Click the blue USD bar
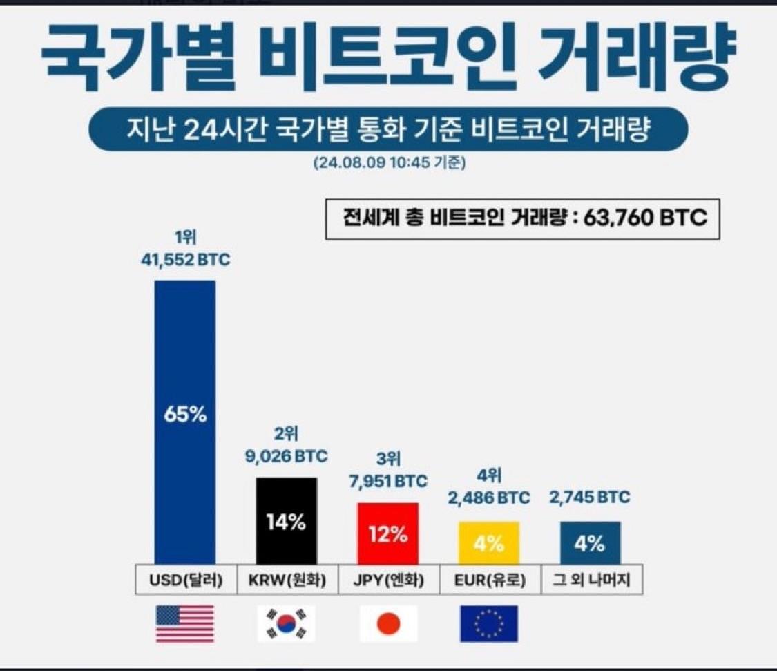(x=184, y=422)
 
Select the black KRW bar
(x=286, y=520)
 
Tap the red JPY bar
(x=387, y=533)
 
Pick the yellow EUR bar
(x=488, y=542)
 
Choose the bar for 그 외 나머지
(x=590, y=542)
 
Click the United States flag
(x=184, y=623)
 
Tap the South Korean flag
(x=286, y=623)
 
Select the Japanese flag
(x=387, y=623)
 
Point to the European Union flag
(x=488, y=623)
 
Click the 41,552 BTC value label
(x=184, y=262)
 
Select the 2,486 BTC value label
(x=488, y=498)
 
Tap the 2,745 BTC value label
(x=589, y=498)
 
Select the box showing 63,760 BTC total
(x=522, y=219)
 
